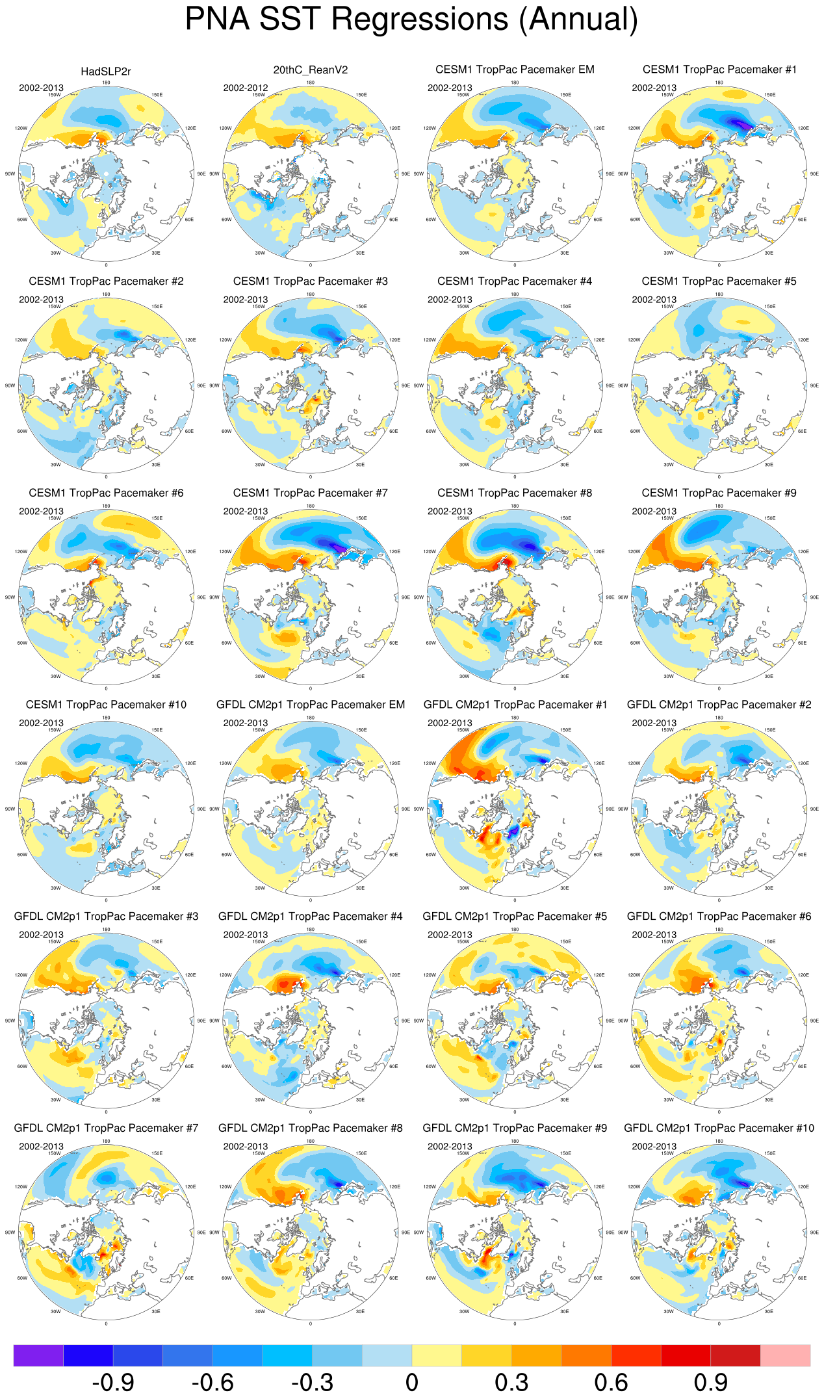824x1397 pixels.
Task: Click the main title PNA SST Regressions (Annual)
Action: tap(411, 19)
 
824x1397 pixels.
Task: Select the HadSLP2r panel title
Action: tap(106, 72)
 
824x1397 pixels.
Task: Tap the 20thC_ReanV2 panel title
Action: tap(310, 70)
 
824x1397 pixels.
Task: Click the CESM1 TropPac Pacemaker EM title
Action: tap(515, 70)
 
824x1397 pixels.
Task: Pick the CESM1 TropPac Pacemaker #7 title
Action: tap(310, 493)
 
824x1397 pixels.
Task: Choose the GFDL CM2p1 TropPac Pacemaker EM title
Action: tap(310, 705)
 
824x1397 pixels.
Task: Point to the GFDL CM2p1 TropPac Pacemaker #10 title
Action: tap(719, 1128)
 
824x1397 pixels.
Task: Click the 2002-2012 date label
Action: tap(246, 88)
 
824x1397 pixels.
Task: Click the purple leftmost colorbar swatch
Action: tap(38, 1355)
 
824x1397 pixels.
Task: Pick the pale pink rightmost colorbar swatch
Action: tap(785, 1355)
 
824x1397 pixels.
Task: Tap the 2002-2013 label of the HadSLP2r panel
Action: tap(41, 88)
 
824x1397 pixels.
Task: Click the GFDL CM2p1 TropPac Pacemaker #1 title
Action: tap(515, 705)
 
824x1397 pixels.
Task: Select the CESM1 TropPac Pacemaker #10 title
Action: tap(106, 705)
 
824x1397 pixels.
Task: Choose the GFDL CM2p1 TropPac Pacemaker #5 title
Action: tap(515, 916)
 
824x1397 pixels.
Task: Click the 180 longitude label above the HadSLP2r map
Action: tap(106, 83)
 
